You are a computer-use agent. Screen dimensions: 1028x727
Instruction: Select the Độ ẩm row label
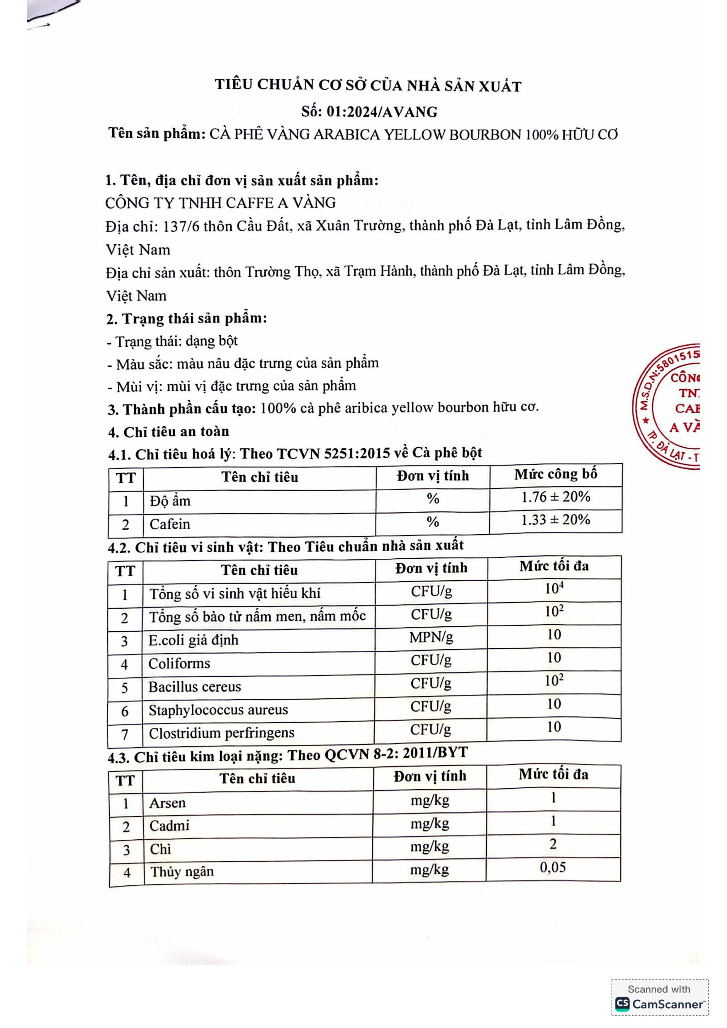[x=170, y=501]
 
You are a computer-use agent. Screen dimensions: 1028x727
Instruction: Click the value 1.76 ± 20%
[x=556, y=497]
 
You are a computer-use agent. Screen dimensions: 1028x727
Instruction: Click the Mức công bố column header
[x=556, y=474]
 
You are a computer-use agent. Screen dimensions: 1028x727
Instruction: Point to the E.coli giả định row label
[x=193, y=640]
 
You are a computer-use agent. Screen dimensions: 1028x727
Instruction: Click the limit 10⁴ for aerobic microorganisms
[x=554, y=588]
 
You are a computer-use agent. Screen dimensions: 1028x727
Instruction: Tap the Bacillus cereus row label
[x=195, y=686]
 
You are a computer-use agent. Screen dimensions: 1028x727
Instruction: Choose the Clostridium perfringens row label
[x=222, y=733]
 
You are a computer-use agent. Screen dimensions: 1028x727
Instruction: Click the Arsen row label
[x=167, y=803]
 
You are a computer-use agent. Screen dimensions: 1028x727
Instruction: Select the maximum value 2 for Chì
[x=553, y=844]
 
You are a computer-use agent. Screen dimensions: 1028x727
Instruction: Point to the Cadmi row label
[x=169, y=825]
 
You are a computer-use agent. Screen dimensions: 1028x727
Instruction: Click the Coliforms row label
[x=179, y=663]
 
